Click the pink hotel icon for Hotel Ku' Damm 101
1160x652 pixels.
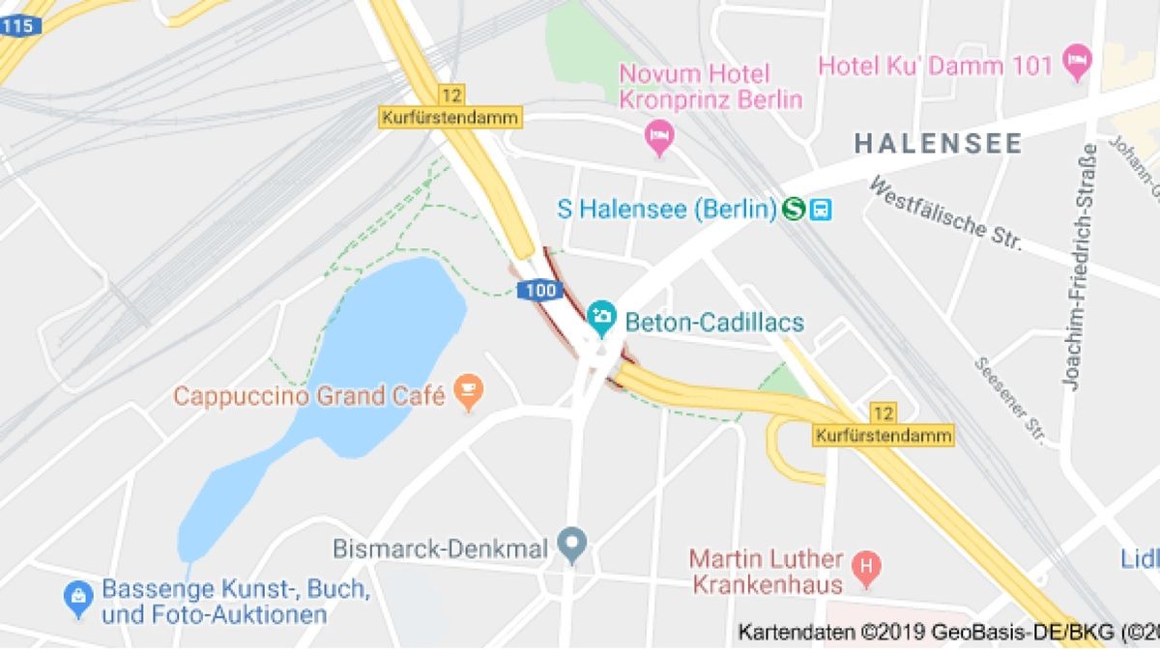coord(1075,65)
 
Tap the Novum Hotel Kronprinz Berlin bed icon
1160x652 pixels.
coord(659,136)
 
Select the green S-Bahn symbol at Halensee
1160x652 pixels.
coord(795,209)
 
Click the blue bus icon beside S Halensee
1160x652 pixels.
coord(821,209)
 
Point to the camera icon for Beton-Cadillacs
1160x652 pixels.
coord(601,316)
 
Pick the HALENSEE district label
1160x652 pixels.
coord(938,144)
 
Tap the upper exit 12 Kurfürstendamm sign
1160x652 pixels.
coord(449,107)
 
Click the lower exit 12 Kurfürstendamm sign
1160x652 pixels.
coord(883,425)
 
